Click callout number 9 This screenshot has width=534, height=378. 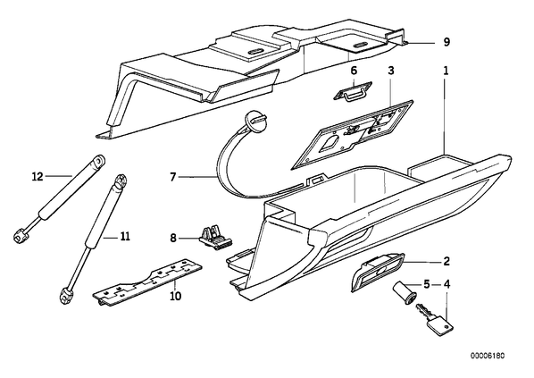pyautogui.click(x=446, y=42)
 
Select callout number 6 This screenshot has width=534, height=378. pyautogui.click(x=354, y=71)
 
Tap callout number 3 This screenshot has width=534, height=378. pyautogui.click(x=391, y=71)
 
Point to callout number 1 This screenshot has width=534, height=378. pyautogui.click(x=446, y=71)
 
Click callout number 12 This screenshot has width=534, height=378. pyautogui.click(x=38, y=177)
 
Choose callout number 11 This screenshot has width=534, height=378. pyautogui.click(x=125, y=236)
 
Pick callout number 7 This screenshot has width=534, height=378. pyautogui.click(x=173, y=177)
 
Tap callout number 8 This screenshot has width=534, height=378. pyautogui.click(x=173, y=238)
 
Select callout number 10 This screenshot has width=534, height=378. pyautogui.click(x=176, y=296)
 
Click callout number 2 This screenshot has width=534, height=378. pyautogui.click(x=446, y=262)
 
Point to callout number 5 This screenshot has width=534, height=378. pyautogui.click(x=427, y=284)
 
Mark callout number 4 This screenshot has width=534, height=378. pyautogui.click(x=446, y=284)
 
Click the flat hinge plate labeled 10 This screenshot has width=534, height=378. pyautogui.click(x=147, y=281)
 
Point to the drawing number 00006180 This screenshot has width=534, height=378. pyautogui.click(x=488, y=356)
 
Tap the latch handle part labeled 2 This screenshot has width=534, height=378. pyautogui.click(x=378, y=272)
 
